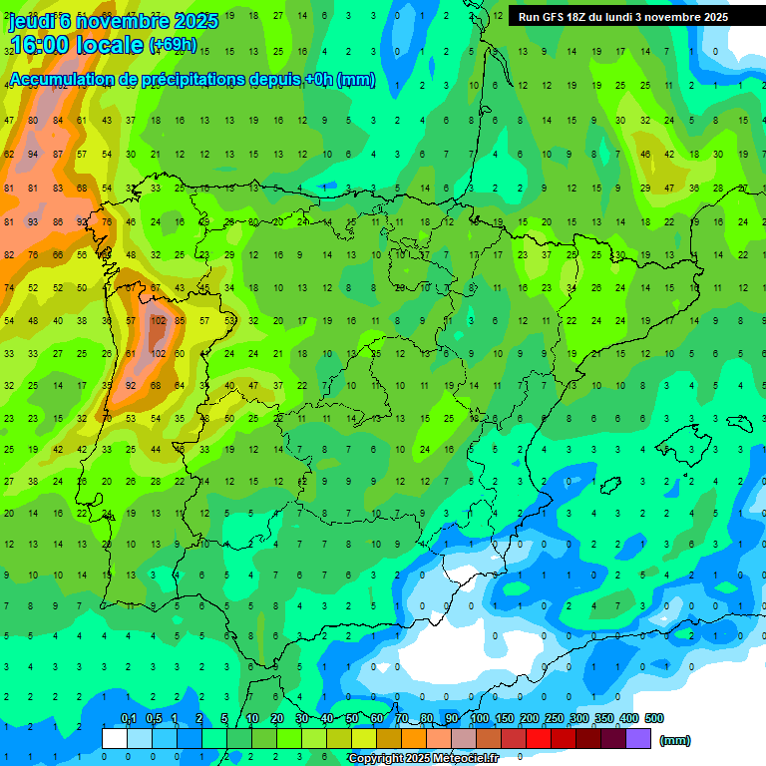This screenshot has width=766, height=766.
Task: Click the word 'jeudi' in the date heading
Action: [x=32, y=21]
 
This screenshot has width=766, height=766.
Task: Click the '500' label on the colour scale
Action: [x=654, y=718]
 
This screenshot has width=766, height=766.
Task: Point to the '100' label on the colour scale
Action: [x=479, y=718]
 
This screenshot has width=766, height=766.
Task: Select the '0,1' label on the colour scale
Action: [x=128, y=718]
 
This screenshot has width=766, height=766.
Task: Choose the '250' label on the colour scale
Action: [x=554, y=718]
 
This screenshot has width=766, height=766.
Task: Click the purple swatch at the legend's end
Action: [x=638, y=738]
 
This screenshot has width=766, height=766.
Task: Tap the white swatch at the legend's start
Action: [x=115, y=738]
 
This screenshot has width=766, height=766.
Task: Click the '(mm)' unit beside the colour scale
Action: [x=675, y=740]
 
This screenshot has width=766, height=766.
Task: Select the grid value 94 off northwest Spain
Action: [x=33, y=155]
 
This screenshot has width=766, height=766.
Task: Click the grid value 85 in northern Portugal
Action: [x=180, y=321]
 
